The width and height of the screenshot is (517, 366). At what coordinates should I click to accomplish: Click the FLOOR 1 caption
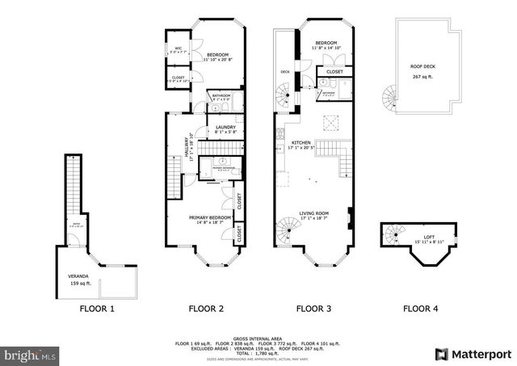96,308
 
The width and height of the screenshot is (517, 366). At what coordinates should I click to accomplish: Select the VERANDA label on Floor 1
79,276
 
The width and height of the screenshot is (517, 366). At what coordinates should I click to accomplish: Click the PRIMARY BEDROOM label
210,217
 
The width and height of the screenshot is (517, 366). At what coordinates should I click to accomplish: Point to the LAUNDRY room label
225,126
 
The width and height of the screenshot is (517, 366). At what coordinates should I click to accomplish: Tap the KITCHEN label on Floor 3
301,143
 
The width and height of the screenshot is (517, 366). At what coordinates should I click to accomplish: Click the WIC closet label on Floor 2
178,48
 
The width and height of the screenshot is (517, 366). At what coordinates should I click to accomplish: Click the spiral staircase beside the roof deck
391,99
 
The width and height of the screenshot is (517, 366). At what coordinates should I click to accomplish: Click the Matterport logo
473,354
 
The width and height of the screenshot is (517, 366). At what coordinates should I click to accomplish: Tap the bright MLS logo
31,354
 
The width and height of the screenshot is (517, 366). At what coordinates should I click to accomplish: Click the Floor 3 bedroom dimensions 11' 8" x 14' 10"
326,48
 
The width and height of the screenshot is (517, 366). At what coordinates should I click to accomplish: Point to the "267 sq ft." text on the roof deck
423,77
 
